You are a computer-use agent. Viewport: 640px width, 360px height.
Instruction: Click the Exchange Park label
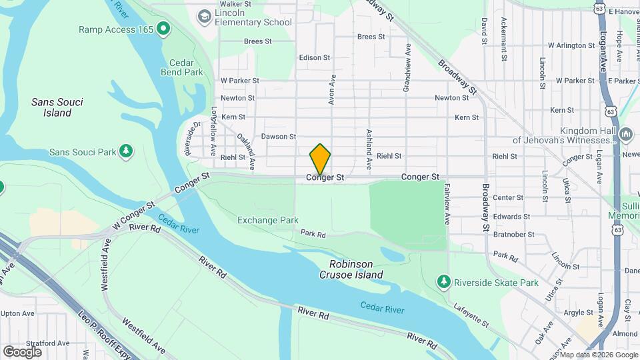[268, 220]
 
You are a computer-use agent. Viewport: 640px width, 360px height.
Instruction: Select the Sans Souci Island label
[51, 107]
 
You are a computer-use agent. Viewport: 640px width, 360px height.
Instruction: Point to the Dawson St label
[278, 136]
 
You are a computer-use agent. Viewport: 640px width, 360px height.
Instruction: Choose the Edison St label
[315, 57]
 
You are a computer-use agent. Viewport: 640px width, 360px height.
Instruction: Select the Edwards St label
[511, 216]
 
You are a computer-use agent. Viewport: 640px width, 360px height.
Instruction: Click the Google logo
[22, 351]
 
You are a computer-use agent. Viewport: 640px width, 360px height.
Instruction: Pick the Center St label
[508, 197]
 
